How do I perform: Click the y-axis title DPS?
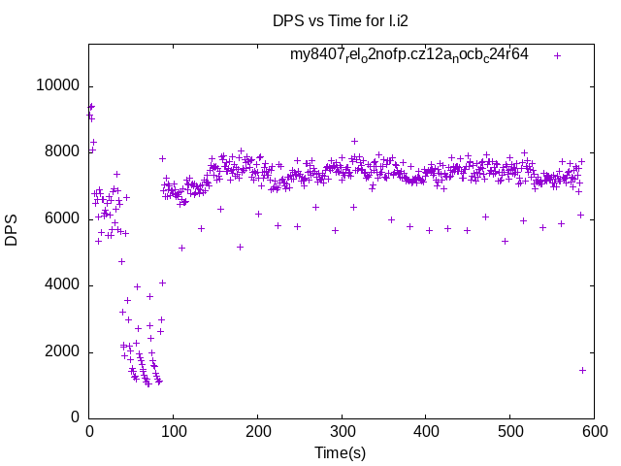pyautogui.click(x=12, y=229)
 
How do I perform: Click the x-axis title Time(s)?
pyautogui.click(x=341, y=452)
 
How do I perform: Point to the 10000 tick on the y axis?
pyautogui.click(x=56, y=85)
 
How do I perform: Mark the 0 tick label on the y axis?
pyautogui.click(x=75, y=418)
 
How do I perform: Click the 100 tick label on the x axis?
pyautogui.click(x=174, y=430)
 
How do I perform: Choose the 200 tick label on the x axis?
pyautogui.click(x=258, y=430)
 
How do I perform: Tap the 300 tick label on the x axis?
pyautogui.click(x=342, y=430)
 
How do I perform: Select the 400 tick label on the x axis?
pyautogui.click(x=426, y=430)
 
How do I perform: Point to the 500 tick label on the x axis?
pyautogui.click(x=509, y=430)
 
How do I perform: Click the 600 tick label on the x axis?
pyautogui.click(x=593, y=430)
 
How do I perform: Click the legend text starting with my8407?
pyautogui.click(x=409, y=54)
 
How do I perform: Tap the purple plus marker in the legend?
pyautogui.click(x=557, y=55)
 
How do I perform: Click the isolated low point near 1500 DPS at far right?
pyautogui.click(x=582, y=370)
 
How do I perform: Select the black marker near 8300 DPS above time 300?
pyautogui.click(x=354, y=141)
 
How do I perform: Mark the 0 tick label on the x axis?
pyautogui.click(x=90, y=430)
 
